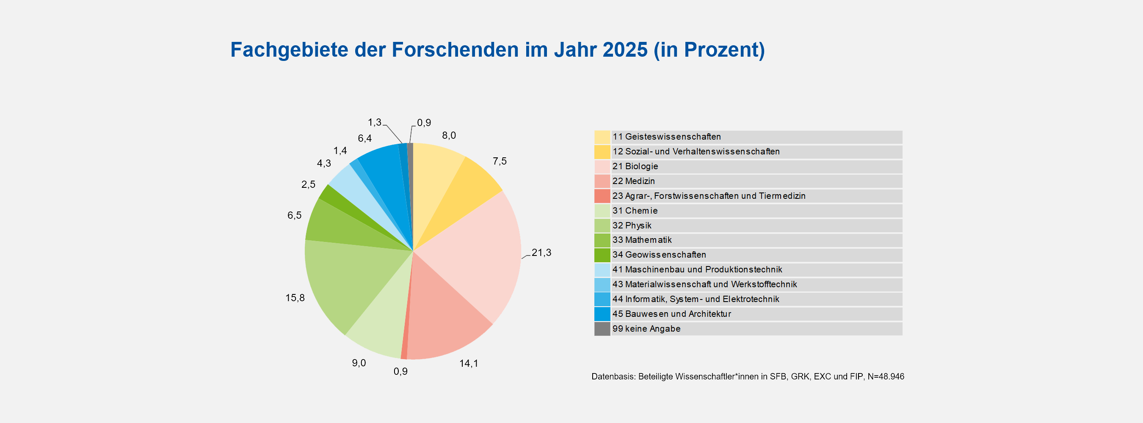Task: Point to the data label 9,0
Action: (359, 363)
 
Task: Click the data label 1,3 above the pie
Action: (375, 122)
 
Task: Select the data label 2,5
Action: (308, 184)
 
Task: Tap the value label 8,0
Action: (449, 135)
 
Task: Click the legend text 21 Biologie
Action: (635, 166)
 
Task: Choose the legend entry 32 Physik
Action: (632, 225)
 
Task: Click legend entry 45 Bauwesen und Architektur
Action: (671, 314)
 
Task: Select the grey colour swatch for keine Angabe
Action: (602, 329)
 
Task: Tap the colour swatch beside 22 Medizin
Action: (602, 181)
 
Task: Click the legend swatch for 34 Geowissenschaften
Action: (602, 255)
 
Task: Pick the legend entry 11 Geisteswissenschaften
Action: (666, 137)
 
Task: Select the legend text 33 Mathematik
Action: (642, 240)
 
